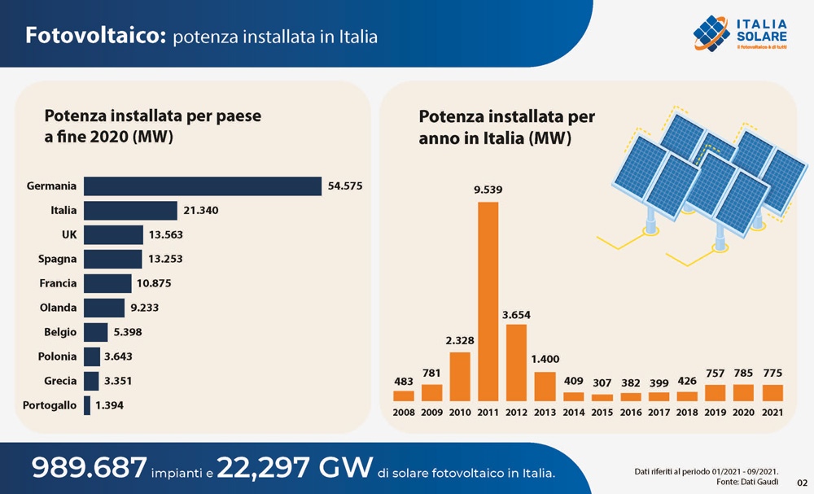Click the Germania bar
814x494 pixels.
(203, 186)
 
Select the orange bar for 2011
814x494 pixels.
(488, 301)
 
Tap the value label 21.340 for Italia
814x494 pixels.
(200, 211)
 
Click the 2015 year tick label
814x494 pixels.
(602, 413)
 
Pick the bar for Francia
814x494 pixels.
(107, 283)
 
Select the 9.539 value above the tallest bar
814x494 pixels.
(488, 190)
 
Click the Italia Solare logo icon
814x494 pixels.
(711, 33)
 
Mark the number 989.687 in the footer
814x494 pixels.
(89, 467)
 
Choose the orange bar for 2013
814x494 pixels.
(545, 387)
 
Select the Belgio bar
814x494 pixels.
(96, 332)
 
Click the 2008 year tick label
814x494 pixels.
(403, 413)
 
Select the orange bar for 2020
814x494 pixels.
(744, 392)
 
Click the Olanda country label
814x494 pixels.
(58, 308)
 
